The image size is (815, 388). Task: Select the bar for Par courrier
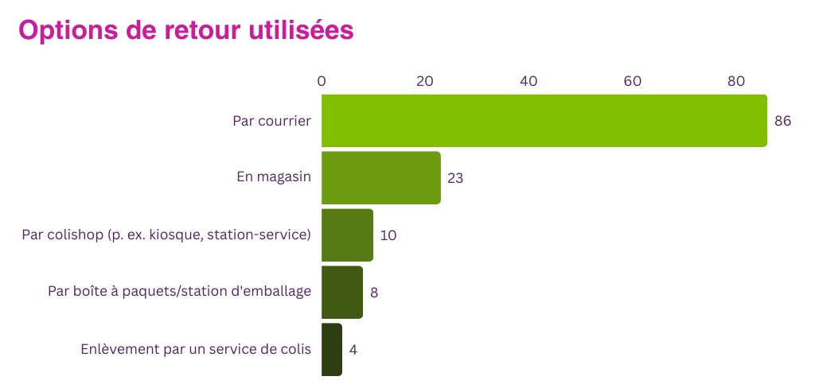pos(544,120)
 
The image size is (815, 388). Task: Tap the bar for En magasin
pos(380,177)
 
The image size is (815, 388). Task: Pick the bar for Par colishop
pos(347,235)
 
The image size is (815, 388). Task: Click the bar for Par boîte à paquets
pos(342,292)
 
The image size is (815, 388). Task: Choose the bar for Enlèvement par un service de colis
pos(332,349)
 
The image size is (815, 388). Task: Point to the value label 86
pos(782,121)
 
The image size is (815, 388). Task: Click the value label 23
pos(455,178)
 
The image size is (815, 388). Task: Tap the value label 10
pos(388,235)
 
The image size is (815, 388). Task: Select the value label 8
pos(374,293)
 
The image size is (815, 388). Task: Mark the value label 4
pos(353,350)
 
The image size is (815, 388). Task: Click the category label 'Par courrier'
pos(271,121)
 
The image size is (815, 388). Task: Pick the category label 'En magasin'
pos(273,177)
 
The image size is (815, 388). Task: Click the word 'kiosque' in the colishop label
pos(174,235)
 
